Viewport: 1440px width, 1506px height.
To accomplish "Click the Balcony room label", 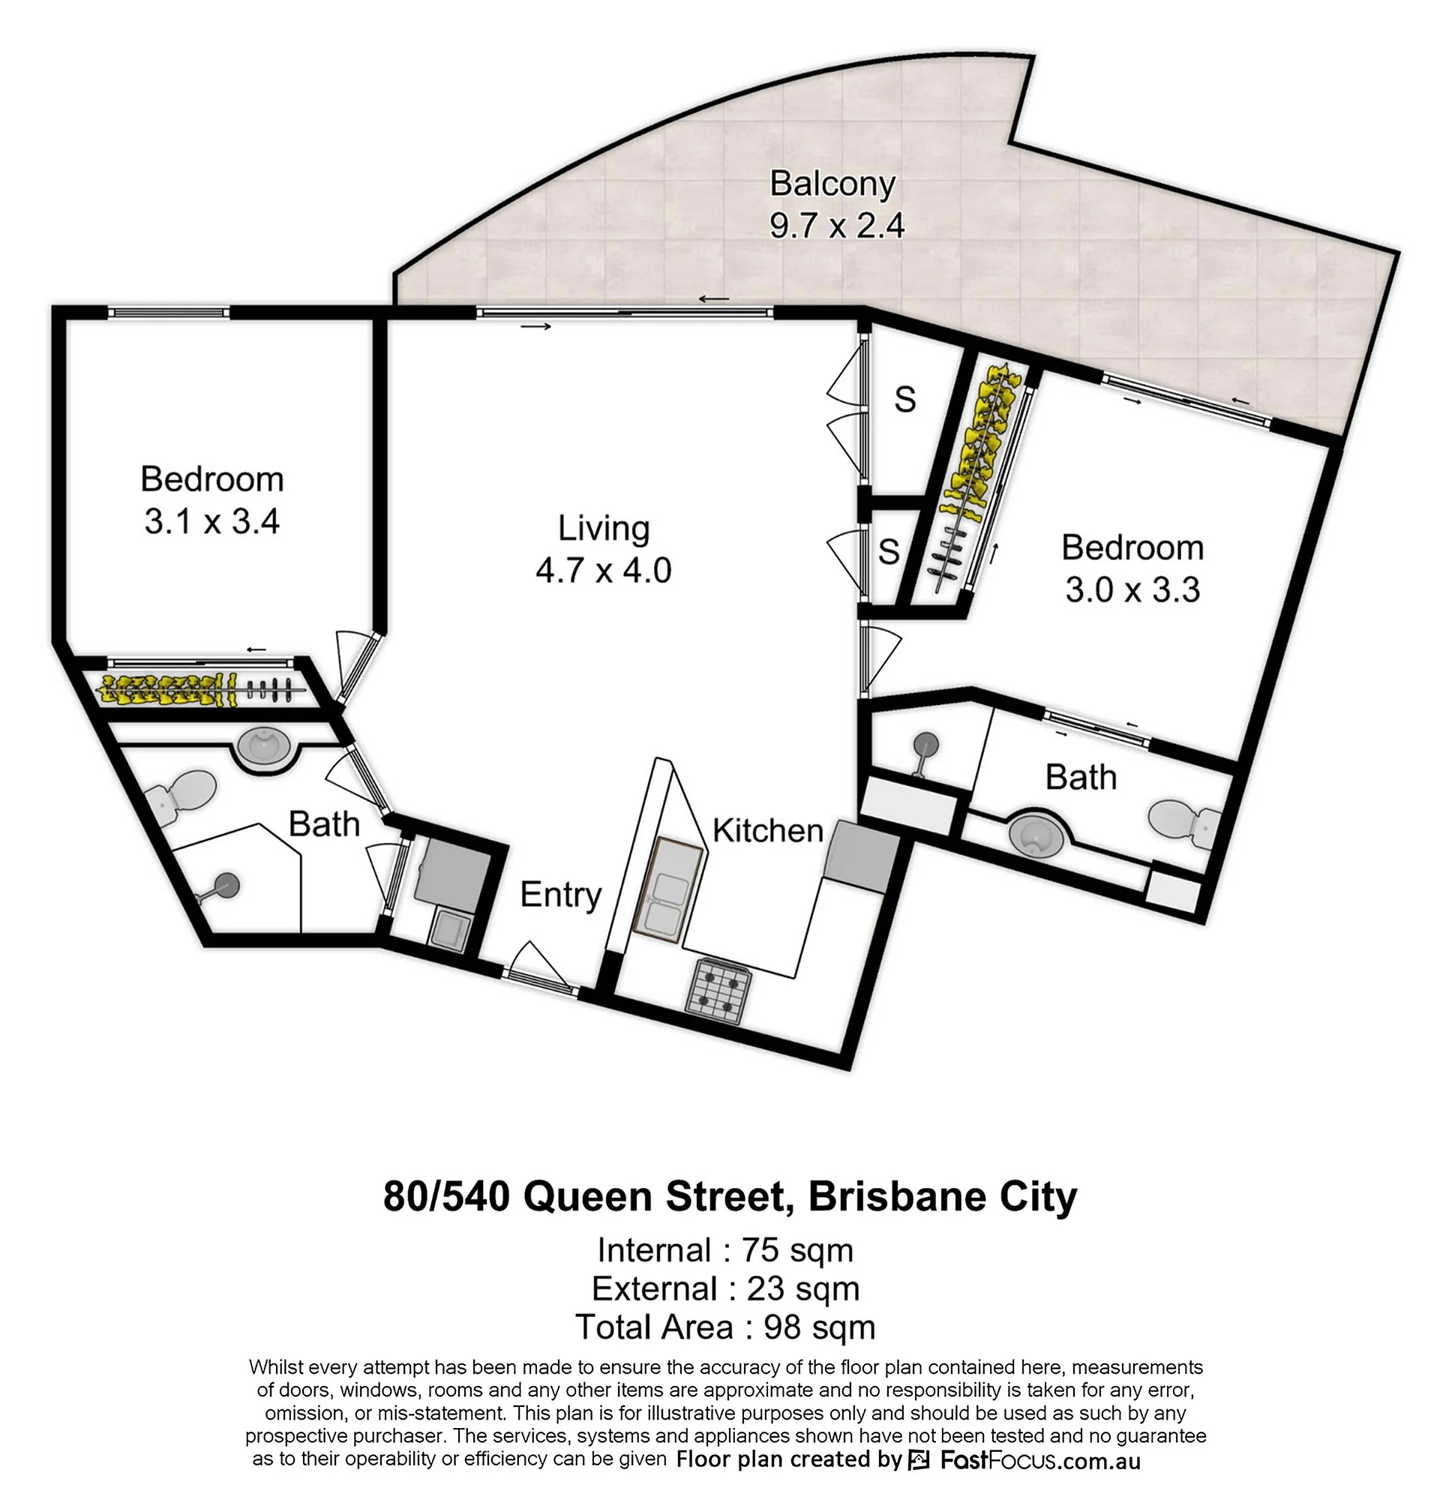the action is [x=832, y=184].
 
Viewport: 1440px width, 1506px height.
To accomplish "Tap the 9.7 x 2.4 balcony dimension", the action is [x=838, y=226].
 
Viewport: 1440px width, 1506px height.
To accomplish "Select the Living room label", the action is [x=603, y=528].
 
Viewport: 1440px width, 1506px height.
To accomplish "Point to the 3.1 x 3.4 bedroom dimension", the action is [x=211, y=522].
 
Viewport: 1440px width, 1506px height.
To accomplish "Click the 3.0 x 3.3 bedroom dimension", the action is [x=1132, y=589].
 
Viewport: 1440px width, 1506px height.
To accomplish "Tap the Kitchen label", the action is [x=767, y=830].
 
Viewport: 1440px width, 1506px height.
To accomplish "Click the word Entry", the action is [x=560, y=895].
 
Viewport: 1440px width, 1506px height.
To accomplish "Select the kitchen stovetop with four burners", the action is [x=718, y=991].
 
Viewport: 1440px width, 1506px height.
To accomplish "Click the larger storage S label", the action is [x=906, y=400].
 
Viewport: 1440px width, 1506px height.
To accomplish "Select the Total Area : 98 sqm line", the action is [x=725, y=1327].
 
